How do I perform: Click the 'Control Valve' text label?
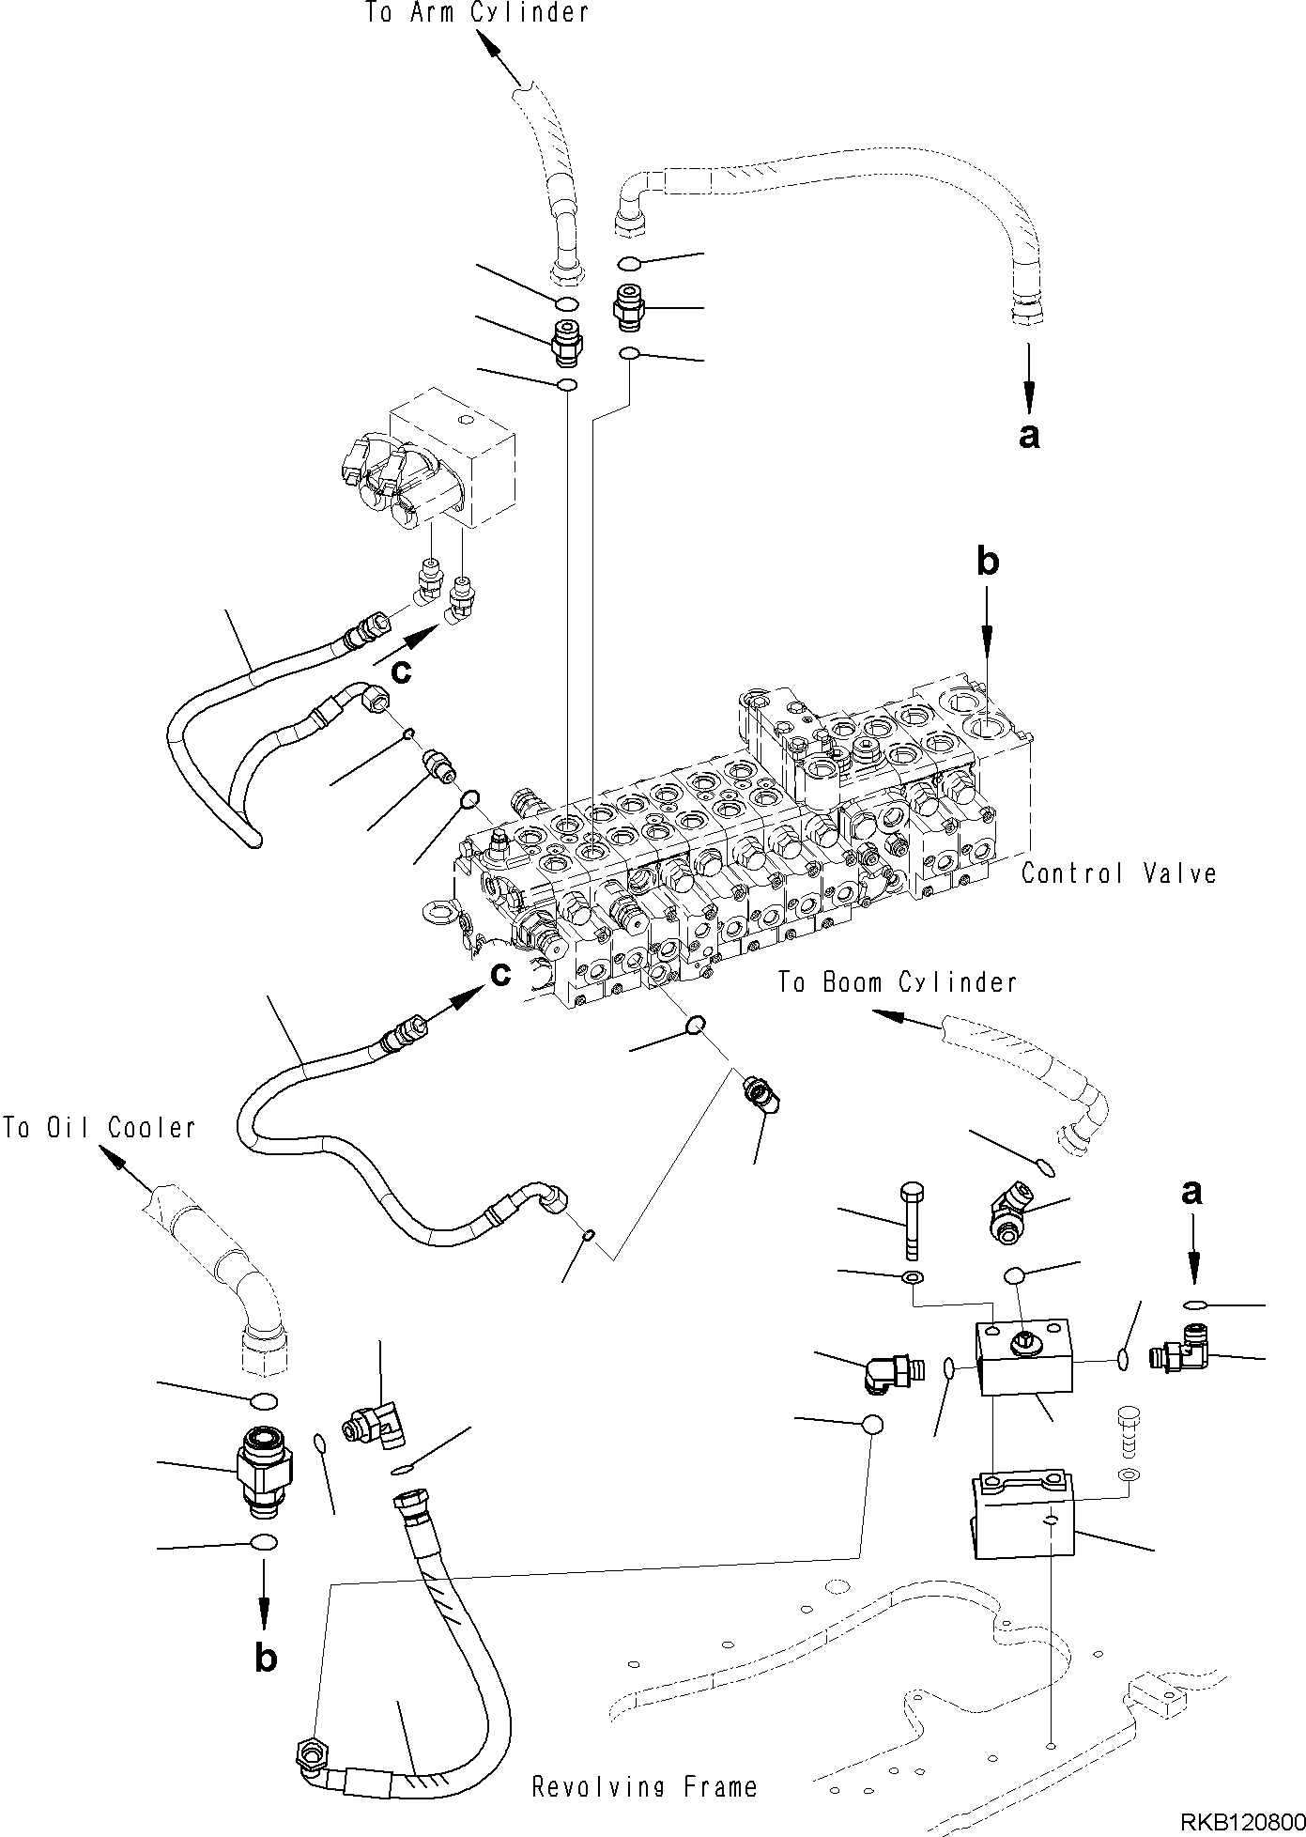(1118, 873)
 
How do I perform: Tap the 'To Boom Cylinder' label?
(897, 982)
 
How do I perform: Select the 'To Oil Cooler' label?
(99, 1127)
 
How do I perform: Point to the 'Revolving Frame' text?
(644, 1787)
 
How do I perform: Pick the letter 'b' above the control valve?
(987, 563)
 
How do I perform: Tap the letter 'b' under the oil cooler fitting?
(266, 1659)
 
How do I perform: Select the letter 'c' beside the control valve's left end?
(500, 975)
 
